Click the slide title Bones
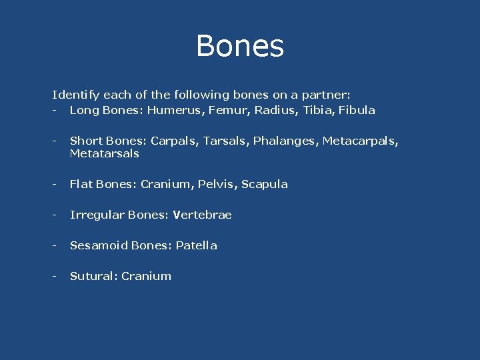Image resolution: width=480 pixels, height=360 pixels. [x=240, y=47]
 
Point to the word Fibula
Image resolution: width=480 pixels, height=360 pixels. [x=357, y=110]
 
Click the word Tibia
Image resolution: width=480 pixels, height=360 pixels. [x=317, y=110]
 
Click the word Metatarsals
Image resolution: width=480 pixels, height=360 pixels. [x=105, y=153]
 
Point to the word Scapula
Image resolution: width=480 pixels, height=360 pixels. [x=265, y=184]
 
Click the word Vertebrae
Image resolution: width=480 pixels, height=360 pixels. [x=202, y=215]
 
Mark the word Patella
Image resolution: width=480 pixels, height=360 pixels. [x=197, y=245]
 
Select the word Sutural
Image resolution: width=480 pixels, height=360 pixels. [x=93, y=276]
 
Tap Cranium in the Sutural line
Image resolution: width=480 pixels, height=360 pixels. [x=146, y=276]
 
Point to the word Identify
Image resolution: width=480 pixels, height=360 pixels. [x=74, y=95]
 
